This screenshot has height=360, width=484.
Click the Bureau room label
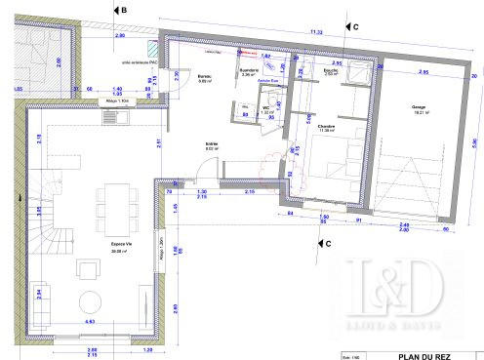(x=205, y=78)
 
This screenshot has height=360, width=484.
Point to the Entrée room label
(x=211, y=144)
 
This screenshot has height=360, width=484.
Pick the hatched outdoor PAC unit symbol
(x=152, y=49)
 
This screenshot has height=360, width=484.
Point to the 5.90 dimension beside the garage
(x=476, y=142)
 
